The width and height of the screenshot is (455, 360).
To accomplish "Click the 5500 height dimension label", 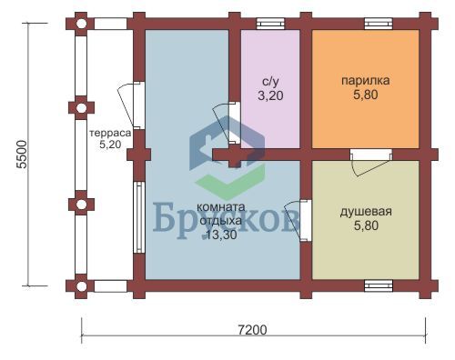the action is pos(23,154).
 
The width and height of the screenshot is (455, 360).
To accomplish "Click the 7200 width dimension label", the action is pos(252,330).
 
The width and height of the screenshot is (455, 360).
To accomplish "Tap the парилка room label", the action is pos(366,81).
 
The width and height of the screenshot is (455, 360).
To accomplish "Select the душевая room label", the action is pos(366,212).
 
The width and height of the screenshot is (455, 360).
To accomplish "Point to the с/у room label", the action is pos(270,81).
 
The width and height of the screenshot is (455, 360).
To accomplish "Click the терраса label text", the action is pos(110,133).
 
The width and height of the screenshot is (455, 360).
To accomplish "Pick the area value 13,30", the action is pos(221,235).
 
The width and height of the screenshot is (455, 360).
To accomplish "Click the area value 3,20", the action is pos(270,95).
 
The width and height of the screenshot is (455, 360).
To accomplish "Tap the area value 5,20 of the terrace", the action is pos(110,145).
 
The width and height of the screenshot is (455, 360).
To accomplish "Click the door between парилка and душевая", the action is pos(370,162).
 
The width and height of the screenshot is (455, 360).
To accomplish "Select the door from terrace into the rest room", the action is pos(131,105).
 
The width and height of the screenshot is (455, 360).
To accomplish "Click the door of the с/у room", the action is pos(227,124).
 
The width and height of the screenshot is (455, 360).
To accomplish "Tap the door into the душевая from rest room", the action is pos(298,220).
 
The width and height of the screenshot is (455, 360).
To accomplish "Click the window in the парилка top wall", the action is pos(379,24).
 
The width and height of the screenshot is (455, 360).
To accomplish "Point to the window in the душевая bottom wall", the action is pos(379,285).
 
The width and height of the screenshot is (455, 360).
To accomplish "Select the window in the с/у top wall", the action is pos(270,24).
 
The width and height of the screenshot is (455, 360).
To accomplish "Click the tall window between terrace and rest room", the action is pos(139,217).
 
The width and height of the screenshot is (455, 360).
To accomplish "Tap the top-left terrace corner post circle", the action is pos(81,24).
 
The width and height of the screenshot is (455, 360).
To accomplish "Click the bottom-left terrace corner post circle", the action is pos(81,285).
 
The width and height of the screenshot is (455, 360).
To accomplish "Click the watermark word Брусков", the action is pos(226,220).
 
